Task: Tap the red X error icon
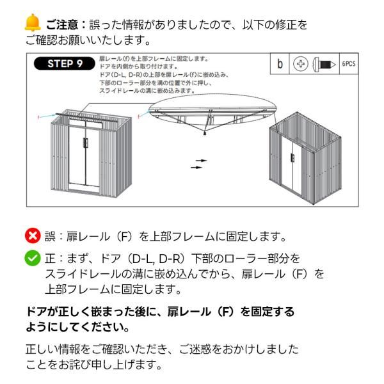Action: click(33, 236)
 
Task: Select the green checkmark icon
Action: click(33, 259)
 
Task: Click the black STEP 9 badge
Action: click(65, 63)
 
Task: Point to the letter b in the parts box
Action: click(280, 65)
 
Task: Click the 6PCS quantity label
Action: click(348, 65)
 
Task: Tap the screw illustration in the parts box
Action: click(323, 65)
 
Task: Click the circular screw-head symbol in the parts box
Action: click(300, 65)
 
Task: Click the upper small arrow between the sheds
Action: click(202, 160)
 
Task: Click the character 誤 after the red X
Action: click(50, 236)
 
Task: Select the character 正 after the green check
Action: click(50, 259)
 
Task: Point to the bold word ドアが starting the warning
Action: click(41, 312)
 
